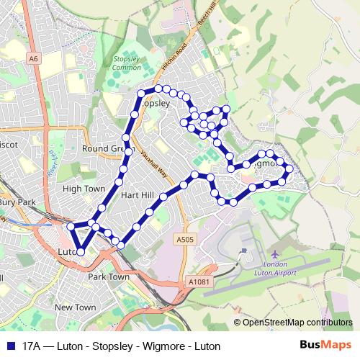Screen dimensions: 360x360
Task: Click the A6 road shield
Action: (34, 57)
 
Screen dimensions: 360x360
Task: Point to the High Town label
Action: (84, 189)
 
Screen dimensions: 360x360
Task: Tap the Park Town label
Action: (108, 276)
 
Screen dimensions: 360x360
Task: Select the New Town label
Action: (75, 307)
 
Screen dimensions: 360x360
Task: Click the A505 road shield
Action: (186, 239)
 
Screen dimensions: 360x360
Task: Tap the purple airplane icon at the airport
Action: (276, 255)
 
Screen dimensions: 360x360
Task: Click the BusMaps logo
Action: (325, 346)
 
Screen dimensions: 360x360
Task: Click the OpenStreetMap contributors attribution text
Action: (297, 323)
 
